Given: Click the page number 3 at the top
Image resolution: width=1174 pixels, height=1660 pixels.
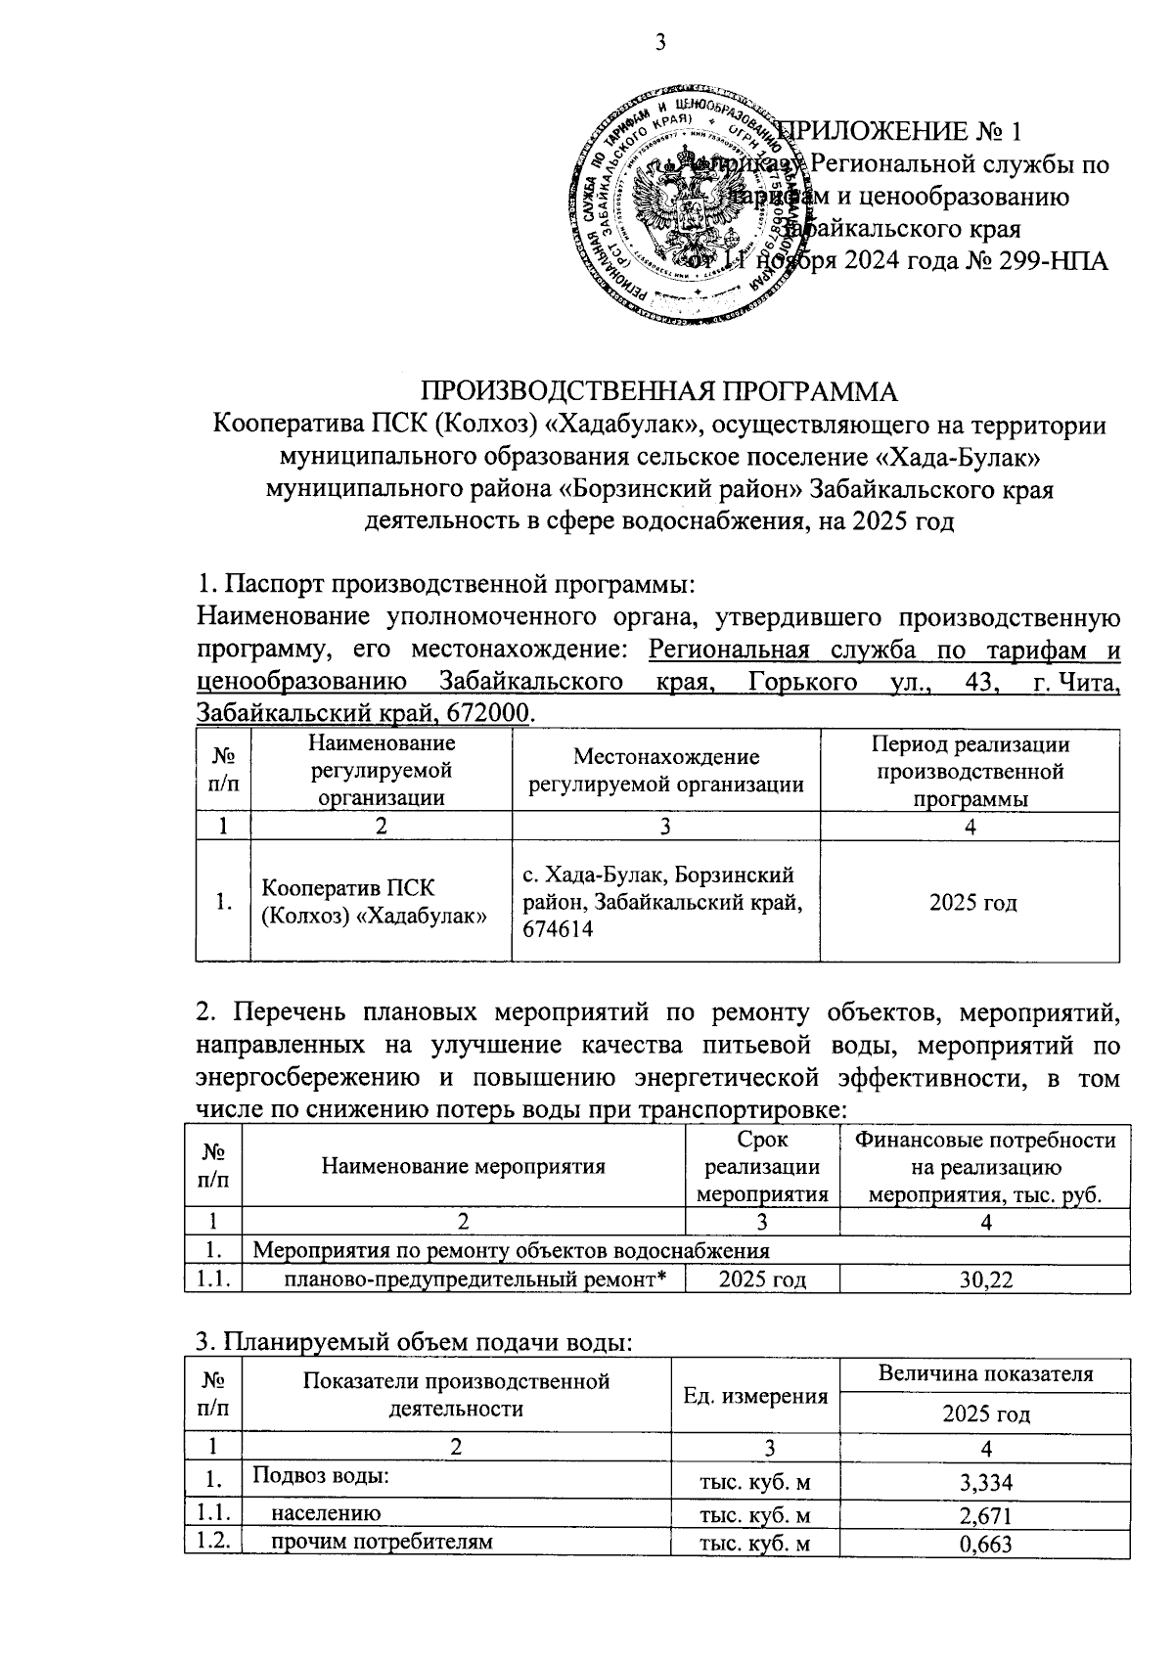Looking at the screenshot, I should point(659,41).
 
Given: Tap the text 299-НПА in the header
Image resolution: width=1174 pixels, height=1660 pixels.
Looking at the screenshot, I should point(1055,262).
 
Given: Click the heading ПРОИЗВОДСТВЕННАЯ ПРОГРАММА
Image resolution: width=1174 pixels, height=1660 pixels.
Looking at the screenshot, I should point(658,392).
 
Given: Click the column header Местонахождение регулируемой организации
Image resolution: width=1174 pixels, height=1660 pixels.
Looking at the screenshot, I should point(665,770).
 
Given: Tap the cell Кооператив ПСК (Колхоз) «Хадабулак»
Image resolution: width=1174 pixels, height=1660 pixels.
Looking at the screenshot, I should point(374,902).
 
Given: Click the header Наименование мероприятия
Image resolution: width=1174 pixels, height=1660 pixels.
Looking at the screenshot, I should point(463,1166).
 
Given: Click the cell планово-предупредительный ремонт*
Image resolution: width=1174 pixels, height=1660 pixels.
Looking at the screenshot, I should point(481,1279).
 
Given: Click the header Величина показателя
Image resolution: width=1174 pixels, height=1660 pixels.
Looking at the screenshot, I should point(984,1374).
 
